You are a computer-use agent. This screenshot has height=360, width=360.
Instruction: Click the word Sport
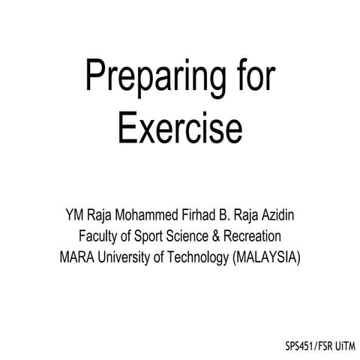coord(151,236)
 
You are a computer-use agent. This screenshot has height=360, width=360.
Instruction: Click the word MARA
coord(78,257)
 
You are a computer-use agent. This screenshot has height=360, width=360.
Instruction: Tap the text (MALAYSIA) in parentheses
coord(267,257)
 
